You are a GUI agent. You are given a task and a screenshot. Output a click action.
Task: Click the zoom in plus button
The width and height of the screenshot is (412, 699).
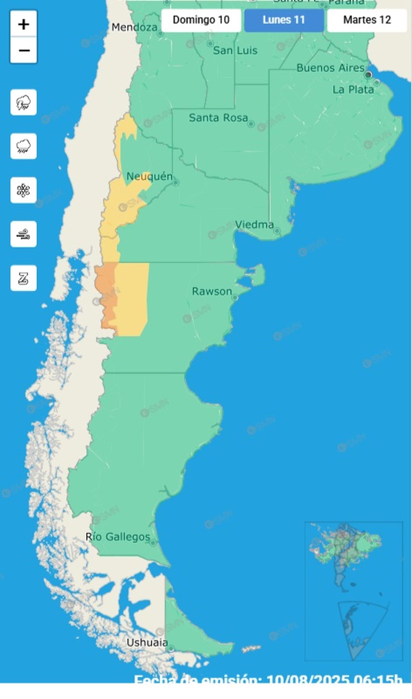pyautogui.click(x=23, y=24)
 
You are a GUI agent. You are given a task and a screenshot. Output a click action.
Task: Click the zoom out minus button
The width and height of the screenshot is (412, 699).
pyautogui.click(x=23, y=51)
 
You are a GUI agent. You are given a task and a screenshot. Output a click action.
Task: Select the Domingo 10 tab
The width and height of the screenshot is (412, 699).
pyautogui.click(x=201, y=20)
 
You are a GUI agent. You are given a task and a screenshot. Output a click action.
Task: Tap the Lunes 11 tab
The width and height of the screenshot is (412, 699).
pyautogui.click(x=284, y=20)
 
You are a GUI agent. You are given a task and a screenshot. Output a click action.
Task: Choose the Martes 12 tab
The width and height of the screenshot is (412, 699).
pyautogui.click(x=367, y=20)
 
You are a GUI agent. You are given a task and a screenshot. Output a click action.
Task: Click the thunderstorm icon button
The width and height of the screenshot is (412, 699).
pyautogui.click(x=23, y=102)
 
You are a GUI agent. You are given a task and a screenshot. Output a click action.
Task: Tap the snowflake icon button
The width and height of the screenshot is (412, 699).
pyautogui.click(x=23, y=190)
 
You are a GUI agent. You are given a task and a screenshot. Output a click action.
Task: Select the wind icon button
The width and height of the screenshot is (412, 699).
pyautogui.click(x=23, y=234)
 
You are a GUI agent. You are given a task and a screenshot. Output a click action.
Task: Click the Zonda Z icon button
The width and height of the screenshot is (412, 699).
pyautogui.click(x=23, y=278)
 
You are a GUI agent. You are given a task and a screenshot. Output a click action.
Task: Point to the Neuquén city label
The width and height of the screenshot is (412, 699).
pyautogui.click(x=149, y=177)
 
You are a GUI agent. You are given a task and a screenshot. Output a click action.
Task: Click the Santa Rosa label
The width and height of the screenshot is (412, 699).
pyautogui.click(x=218, y=118)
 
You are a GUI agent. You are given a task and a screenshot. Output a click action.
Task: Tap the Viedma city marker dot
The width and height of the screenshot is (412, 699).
pyautogui.click(x=277, y=231)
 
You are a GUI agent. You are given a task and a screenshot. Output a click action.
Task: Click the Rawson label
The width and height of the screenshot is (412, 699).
pyautogui.click(x=212, y=292)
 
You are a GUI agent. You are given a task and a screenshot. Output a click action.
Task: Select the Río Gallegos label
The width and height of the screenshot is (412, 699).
pyautogui.click(x=118, y=537)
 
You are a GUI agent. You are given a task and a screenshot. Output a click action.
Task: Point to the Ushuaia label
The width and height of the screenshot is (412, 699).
pyautogui.click(x=147, y=643)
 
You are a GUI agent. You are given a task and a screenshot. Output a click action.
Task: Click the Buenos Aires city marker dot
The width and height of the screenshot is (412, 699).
pyautogui.click(x=369, y=74)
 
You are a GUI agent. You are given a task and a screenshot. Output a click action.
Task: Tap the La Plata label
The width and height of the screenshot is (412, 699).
pyautogui.click(x=353, y=90)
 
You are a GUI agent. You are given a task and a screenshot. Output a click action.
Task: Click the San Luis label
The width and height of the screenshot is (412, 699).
pyautogui.click(x=235, y=51)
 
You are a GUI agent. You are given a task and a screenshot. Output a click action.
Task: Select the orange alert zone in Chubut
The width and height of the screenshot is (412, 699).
pyautogui.click(x=106, y=296)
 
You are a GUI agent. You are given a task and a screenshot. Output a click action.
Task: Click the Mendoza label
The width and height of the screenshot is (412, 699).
pyautogui.click(x=135, y=27)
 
